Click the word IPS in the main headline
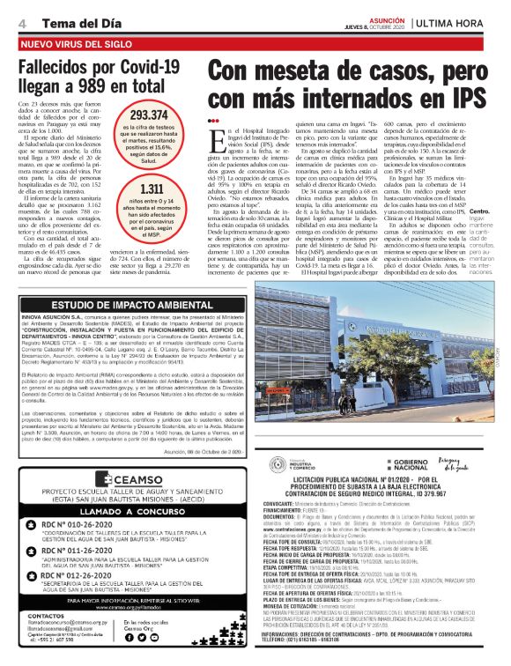pos(445,95)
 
